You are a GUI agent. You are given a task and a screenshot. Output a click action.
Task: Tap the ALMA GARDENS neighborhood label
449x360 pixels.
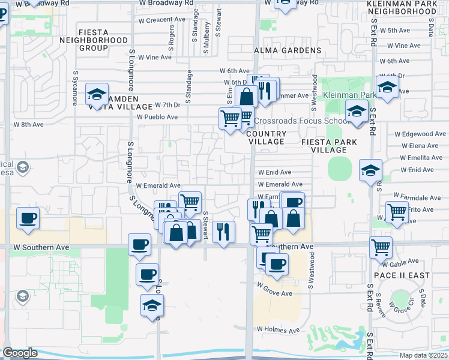click(288, 50)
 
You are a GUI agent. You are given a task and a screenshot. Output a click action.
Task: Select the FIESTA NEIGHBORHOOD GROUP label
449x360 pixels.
click(94, 40)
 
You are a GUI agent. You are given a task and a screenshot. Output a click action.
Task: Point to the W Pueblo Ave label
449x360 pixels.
click(158, 117)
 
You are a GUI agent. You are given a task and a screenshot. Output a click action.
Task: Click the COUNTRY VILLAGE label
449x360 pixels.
click(265, 137)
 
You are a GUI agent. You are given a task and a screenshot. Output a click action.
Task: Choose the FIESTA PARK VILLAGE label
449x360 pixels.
click(329, 142)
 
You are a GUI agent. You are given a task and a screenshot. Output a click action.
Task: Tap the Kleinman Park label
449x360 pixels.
click(350, 95)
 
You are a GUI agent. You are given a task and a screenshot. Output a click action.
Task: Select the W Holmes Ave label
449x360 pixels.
click(278, 330)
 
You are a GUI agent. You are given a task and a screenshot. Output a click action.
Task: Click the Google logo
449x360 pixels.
click(20, 353)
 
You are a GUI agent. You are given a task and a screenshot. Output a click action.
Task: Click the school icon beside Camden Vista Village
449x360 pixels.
click(97, 94)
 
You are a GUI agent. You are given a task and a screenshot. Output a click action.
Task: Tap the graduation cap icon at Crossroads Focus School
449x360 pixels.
click(357, 111)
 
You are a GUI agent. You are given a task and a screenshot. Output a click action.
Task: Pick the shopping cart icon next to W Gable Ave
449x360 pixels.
click(381, 247)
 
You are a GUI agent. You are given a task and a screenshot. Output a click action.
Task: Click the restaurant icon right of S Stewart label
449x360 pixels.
click(223, 231)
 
